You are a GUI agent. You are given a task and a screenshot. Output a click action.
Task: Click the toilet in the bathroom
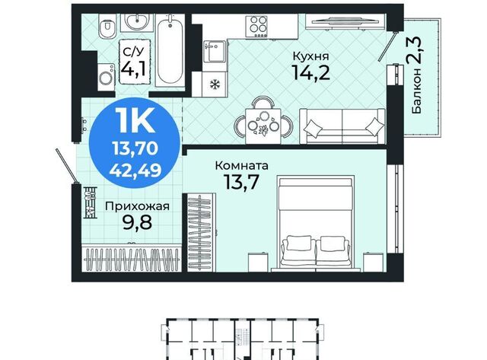pyautogui.click(x=107, y=27)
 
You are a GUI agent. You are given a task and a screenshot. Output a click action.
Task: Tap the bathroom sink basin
pyautogui.click(x=137, y=22)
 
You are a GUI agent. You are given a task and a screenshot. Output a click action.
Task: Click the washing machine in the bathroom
pyautogui.click(x=107, y=78)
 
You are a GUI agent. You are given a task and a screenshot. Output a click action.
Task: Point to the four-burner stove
pyautogui.click(x=256, y=26)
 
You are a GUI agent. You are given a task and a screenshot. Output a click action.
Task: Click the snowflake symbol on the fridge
pyautogui.click(x=215, y=84)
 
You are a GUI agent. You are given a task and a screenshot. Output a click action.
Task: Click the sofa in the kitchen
pyautogui.click(x=342, y=126)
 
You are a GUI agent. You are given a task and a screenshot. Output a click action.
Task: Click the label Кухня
pyautogui.click(x=310, y=57)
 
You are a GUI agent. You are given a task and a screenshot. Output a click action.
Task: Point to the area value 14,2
pyautogui.click(x=310, y=73)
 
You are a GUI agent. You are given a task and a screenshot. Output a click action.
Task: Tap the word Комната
pyautogui.click(x=242, y=166)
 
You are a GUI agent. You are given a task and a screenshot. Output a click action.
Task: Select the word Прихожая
pyautogui.click(x=137, y=206)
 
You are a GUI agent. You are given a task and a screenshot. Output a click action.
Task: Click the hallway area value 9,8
pyautogui.click(x=137, y=222)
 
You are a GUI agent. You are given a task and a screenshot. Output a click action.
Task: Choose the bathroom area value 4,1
pyautogui.click(x=133, y=68)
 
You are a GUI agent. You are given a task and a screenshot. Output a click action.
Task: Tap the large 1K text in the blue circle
pyautogui.click(x=135, y=120)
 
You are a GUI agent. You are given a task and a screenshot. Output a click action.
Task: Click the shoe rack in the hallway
pyautogui.click(x=91, y=202)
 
